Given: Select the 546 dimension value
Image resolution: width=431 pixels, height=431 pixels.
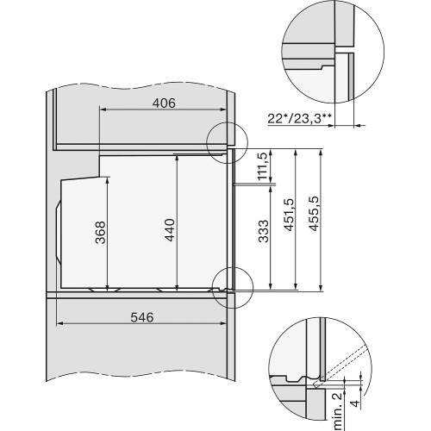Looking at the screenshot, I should pos(142,317).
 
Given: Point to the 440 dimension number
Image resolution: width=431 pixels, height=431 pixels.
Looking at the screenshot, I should pos(170,230).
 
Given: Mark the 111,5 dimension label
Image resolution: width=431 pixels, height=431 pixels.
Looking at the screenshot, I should pos(263,166).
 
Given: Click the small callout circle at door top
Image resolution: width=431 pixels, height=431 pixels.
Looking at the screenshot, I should pos(227,138).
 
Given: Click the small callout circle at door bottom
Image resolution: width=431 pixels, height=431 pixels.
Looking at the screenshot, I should pos(229,283).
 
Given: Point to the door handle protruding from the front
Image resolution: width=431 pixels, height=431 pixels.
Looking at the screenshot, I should pos(255,184).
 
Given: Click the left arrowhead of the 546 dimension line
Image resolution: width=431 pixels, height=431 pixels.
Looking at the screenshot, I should pos(59,324).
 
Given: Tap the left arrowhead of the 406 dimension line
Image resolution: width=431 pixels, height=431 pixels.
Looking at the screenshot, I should pos(103,109).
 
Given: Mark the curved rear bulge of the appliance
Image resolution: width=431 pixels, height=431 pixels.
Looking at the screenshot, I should pos(60,228).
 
